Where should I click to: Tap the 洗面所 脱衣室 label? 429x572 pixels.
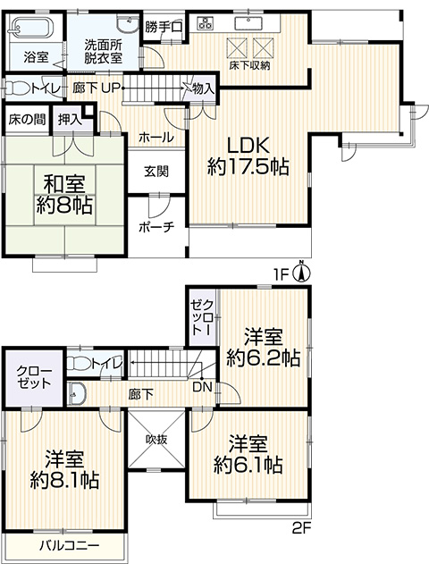pos(104,52)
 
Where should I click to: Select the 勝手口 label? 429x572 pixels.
pos(163,28)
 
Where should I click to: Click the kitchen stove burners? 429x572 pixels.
pos(205,23)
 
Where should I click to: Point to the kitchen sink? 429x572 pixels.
pos(249,23)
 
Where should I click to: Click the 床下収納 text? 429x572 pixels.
pos(250,65)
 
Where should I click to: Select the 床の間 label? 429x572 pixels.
pos(28,119)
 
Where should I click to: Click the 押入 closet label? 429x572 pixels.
pos(71,119)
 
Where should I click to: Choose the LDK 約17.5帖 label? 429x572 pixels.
pos(248,156)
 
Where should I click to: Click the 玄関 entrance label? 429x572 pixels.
pos(156,172)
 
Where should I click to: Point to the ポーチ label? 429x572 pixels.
pos(157,226)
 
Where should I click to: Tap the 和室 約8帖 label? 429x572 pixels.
pos(64,195)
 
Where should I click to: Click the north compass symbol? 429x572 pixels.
pos(302,273)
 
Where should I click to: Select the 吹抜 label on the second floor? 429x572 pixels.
pos(157,439)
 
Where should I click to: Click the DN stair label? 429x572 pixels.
pos(202,387)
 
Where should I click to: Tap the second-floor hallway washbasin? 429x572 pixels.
pos(77,393)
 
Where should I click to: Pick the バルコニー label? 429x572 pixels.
pos(70,546)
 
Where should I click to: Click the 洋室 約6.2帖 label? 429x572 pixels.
pos(264,348)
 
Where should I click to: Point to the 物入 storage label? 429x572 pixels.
pos(203,88)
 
